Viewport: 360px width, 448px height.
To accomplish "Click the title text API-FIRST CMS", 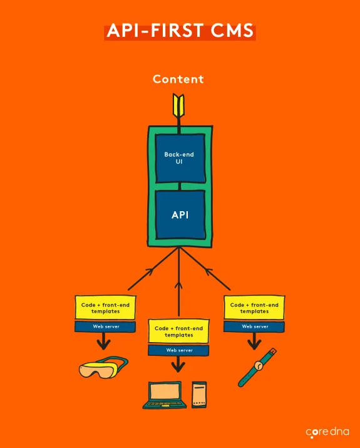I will pyautogui.click(x=180, y=31).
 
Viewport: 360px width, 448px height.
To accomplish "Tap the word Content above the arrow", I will pyautogui.click(x=178, y=80).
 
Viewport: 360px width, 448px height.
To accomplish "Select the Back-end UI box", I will pyautogui.click(x=180, y=157).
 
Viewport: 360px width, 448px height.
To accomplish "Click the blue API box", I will pyautogui.click(x=180, y=214).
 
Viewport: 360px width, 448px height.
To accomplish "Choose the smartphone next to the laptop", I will pyautogui.click(x=199, y=395).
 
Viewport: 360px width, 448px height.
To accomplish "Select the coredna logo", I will pyautogui.click(x=326, y=432).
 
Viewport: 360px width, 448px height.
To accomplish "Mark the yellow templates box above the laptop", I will pyautogui.click(x=179, y=331).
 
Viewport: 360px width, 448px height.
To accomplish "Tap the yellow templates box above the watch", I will pyautogui.click(x=254, y=308).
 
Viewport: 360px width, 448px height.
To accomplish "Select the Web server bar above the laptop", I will pyautogui.click(x=179, y=350).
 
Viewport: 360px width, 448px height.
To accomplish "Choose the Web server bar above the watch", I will pyautogui.click(x=254, y=326).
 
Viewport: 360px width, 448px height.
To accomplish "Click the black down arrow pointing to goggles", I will pyautogui.click(x=104, y=341).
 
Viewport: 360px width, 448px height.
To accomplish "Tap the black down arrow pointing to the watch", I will pyautogui.click(x=254, y=341).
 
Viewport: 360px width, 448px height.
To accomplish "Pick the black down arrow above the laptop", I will pyautogui.click(x=179, y=365).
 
